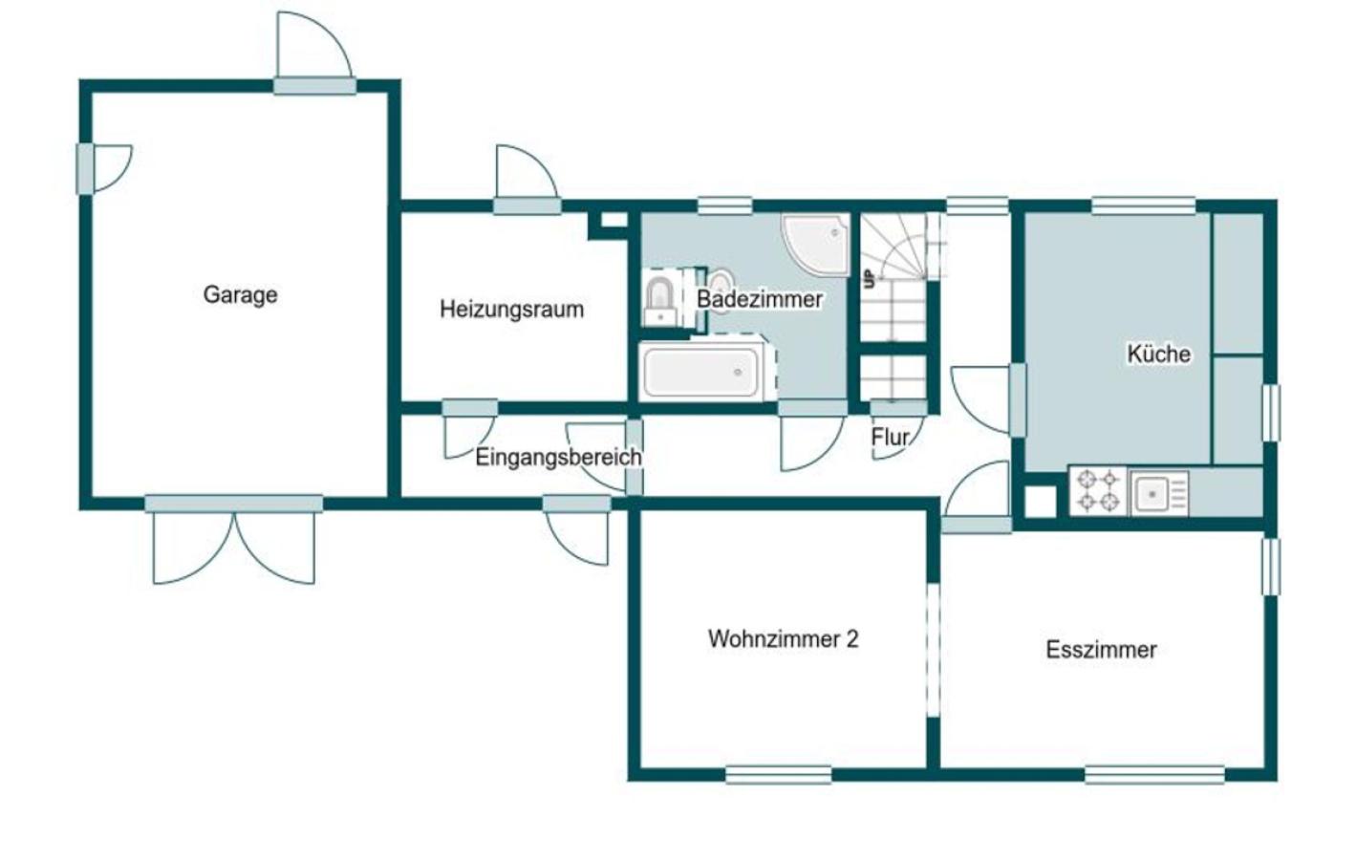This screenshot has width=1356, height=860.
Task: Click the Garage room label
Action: coord(240,294)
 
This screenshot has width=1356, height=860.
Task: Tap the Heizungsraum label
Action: coord(511,310)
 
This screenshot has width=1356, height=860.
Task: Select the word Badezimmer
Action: coord(759,299)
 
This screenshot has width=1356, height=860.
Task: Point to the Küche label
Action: coord(1158,355)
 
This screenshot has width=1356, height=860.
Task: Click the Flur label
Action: coord(890,437)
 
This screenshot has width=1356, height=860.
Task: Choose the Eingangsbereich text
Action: coord(558,458)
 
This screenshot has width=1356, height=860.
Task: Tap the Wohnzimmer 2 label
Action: coord(784,639)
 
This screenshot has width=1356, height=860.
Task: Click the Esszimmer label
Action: coord(1101,650)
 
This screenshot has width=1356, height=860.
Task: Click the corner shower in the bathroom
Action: coord(815,244)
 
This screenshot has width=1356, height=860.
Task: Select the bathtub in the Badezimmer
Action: coord(701,372)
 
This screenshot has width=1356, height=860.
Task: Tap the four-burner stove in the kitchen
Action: coord(1098,491)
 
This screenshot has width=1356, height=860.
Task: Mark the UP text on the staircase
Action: coord(870,279)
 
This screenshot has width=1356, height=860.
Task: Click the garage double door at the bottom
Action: coord(234,539)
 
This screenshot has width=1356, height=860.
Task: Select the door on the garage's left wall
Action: coord(104,169)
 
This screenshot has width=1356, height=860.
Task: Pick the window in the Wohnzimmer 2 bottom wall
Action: coord(779,775)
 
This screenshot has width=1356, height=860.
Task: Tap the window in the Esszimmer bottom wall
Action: coord(1154,775)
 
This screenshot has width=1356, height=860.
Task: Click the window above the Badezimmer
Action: coord(724,205)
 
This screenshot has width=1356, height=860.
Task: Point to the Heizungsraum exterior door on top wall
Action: coord(527,181)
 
